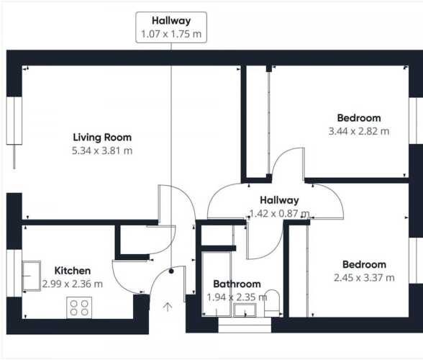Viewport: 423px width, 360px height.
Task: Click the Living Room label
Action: coord(102,138)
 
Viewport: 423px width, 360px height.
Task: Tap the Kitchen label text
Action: coord(73,271)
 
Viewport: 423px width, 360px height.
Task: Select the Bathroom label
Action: coord(237,284)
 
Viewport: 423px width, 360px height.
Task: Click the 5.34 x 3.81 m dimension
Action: coord(102,150)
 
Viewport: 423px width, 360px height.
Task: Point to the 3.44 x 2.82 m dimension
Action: coord(359,131)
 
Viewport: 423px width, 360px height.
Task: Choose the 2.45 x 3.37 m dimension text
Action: coord(364,278)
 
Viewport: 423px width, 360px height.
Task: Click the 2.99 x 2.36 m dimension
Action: coord(73,284)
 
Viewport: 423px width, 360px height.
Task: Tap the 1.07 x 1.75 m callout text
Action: coord(171,34)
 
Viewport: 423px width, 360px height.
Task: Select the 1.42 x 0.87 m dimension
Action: coord(279,214)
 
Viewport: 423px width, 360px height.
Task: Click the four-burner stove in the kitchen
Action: coord(79,307)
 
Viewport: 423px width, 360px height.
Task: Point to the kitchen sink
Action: coord(32,276)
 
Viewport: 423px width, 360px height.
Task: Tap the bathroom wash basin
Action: coord(245,310)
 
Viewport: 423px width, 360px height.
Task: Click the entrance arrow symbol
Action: coord(168,307)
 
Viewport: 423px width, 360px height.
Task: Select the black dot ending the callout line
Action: coord(171,271)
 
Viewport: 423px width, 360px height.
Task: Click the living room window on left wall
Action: coord(14,121)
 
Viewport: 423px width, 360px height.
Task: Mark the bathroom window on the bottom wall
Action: coord(245,325)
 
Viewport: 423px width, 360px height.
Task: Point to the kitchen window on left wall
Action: coord(14,273)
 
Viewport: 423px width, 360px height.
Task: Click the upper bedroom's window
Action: coord(416,121)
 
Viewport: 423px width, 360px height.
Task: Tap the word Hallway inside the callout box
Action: coord(171,21)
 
